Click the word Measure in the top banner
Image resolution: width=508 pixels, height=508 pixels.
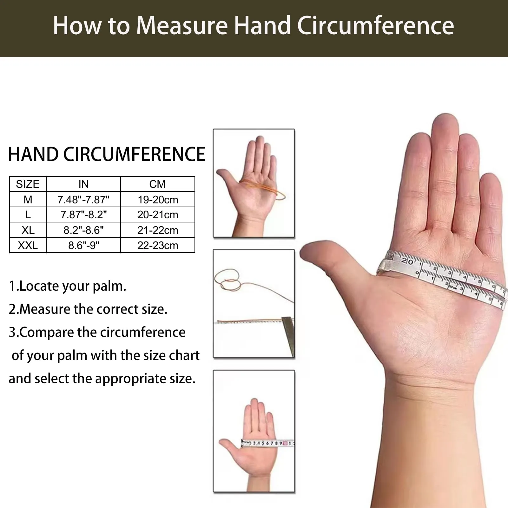pyautogui.click(x=182, y=25)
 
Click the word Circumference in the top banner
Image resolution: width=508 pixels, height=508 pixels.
pyautogui.click(x=375, y=25)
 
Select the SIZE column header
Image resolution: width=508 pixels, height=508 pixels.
pyautogui.click(x=28, y=184)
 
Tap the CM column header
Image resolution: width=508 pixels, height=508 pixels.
pyautogui.click(x=157, y=184)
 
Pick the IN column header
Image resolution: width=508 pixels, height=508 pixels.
pyautogui.click(x=83, y=184)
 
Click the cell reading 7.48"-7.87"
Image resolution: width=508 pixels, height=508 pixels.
pyautogui.click(x=83, y=200)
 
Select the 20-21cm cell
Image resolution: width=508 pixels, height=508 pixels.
pyautogui.click(x=158, y=215)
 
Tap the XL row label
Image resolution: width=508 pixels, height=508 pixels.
pyautogui.click(x=28, y=230)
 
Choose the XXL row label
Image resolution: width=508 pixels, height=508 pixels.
pyautogui.click(x=28, y=245)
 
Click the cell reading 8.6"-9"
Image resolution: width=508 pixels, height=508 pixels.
pyautogui.click(x=84, y=245)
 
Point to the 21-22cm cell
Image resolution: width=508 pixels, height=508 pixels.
pyautogui.click(x=158, y=230)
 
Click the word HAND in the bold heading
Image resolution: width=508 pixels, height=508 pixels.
pyautogui.click(x=33, y=154)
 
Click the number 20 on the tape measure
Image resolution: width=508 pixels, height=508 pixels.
pyautogui.click(x=407, y=261)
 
